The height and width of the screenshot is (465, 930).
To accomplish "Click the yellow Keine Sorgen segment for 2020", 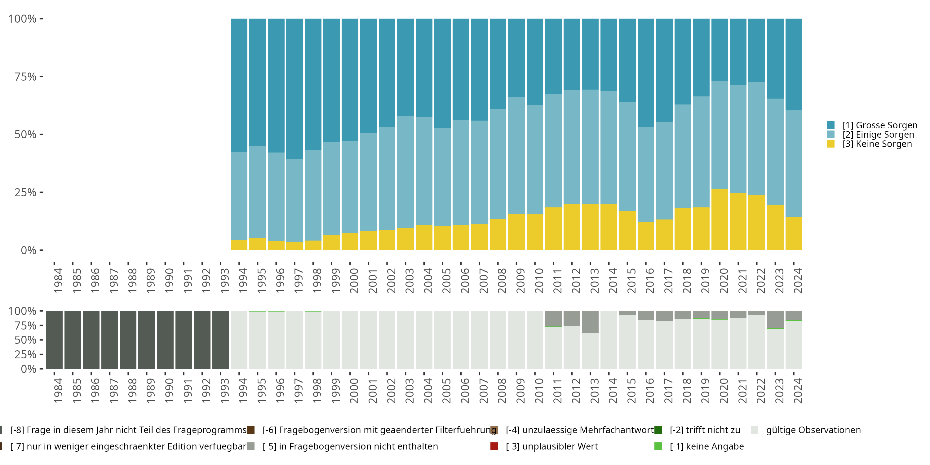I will (720, 219).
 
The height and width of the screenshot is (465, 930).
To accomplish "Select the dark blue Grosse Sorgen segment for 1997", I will (294, 88).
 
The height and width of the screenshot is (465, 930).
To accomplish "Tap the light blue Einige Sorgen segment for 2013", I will (590, 147).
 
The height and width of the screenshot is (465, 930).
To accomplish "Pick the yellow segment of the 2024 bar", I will (794, 233).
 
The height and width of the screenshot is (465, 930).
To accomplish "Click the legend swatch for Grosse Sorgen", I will (831, 125).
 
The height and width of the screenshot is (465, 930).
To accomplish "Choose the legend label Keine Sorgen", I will (877, 144).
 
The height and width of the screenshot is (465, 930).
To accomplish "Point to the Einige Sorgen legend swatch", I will (831, 135).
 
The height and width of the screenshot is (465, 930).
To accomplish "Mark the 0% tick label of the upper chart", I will (29, 250).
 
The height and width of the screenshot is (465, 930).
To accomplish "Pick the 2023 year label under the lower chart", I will (779, 391).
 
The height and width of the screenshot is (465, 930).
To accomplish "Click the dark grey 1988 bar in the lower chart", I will (128, 340).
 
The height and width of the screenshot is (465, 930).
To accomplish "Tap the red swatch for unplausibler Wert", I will (494, 446).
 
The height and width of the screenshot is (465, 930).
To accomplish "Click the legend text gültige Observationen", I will (813, 430).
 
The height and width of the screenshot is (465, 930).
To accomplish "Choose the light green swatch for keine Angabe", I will (658, 446).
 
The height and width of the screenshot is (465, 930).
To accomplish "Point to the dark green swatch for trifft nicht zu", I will (658, 430).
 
